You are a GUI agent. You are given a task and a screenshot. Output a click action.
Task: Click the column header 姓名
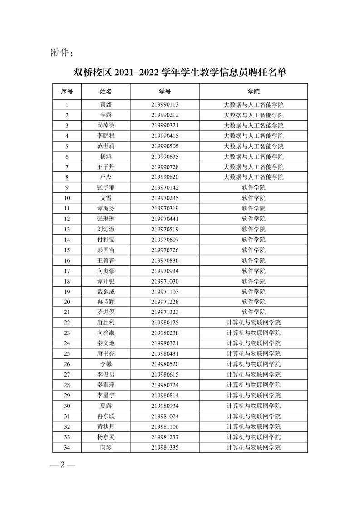click(x=106, y=92)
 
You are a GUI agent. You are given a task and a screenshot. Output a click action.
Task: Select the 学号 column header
click(x=165, y=92)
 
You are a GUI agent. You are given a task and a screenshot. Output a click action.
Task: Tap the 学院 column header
click(x=253, y=92)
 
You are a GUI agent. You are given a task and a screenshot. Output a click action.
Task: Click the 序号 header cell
click(x=67, y=92)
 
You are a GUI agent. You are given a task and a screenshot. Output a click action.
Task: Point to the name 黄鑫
click(x=106, y=104)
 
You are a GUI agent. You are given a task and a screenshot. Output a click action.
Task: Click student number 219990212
click(x=165, y=115)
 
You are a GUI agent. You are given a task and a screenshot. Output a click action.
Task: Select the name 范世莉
click(x=106, y=146)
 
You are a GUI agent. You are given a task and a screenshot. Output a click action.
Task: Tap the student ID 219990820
click(x=165, y=177)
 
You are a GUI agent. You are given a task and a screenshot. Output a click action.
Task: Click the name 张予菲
click(x=106, y=187)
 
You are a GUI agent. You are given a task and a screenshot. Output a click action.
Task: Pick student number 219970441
click(x=165, y=219)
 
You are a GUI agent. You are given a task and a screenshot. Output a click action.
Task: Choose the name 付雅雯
click(x=106, y=240)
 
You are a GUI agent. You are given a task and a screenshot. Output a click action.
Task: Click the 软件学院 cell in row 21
click(x=253, y=312)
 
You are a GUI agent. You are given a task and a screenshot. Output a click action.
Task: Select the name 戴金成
click(x=106, y=291)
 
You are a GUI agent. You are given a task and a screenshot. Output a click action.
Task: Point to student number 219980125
click(x=165, y=323)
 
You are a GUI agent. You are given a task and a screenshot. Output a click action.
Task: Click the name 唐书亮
click(x=106, y=353)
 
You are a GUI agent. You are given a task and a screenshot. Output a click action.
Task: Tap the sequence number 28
click(x=67, y=385)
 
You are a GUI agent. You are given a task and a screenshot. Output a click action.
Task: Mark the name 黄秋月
click(x=106, y=426)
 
